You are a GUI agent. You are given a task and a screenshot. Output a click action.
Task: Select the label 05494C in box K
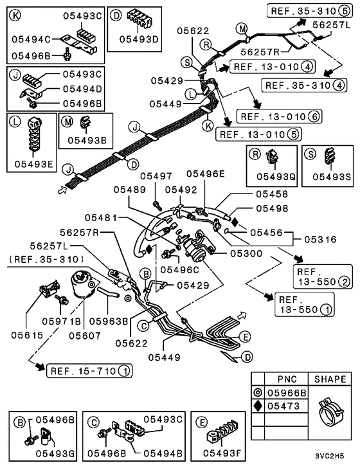pyautogui.click(x=28, y=39)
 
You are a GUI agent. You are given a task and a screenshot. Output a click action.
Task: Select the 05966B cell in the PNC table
pyautogui.click(x=287, y=391)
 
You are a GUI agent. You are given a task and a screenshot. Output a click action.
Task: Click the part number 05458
pyautogui.click(x=272, y=193)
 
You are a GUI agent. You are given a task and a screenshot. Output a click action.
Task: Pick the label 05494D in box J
pyautogui.click(x=82, y=89)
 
